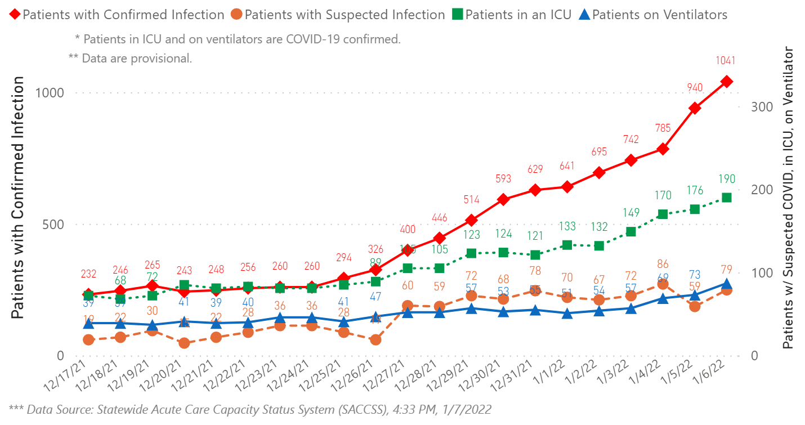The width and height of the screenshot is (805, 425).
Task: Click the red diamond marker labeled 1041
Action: click(727, 82)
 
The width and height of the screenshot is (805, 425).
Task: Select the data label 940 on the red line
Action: click(695, 88)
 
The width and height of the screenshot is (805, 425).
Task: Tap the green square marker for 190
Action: click(727, 198)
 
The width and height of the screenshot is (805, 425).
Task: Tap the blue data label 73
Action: click(695, 275)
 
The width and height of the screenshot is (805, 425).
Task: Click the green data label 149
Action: click(631, 213)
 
